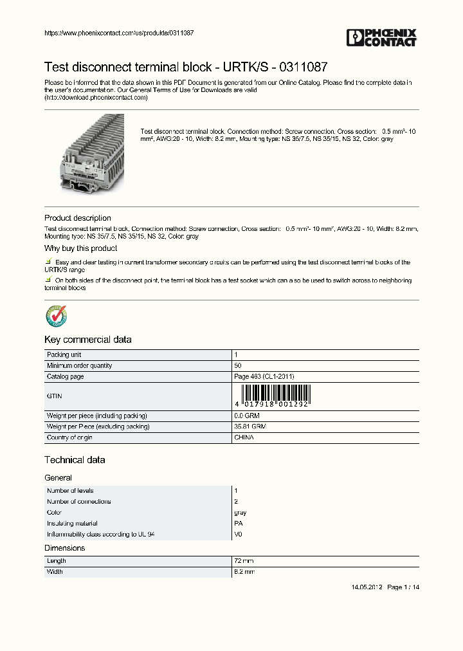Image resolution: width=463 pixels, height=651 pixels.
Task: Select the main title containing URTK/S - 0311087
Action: pyautogui.click(x=186, y=67)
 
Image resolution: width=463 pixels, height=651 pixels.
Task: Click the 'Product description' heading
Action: pyautogui.click(x=77, y=218)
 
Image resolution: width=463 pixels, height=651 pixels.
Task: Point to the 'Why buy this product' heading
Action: pyautogui.click(x=80, y=248)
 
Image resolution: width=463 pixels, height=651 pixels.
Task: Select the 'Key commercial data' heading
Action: pyautogui.click(x=87, y=340)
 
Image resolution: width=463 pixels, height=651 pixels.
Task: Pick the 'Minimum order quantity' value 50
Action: pyautogui.click(x=237, y=365)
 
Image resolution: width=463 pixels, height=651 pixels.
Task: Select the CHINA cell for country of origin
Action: pyautogui.click(x=244, y=437)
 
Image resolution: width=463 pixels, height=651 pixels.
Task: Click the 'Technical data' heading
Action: pyautogui.click(x=75, y=460)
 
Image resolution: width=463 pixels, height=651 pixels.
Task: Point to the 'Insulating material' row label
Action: pyautogui.click(x=72, y=524)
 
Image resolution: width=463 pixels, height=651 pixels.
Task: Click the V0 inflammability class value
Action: pyautogui.click(x=238, y=535)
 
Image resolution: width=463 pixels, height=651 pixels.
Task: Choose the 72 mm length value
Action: pyautogui.click(x=244, y=561)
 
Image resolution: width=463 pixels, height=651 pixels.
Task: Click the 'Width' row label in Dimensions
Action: pyautogui.click(x=55, y=572)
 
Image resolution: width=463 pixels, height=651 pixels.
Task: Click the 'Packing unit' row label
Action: pyautogui.click(x=64, y=354)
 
